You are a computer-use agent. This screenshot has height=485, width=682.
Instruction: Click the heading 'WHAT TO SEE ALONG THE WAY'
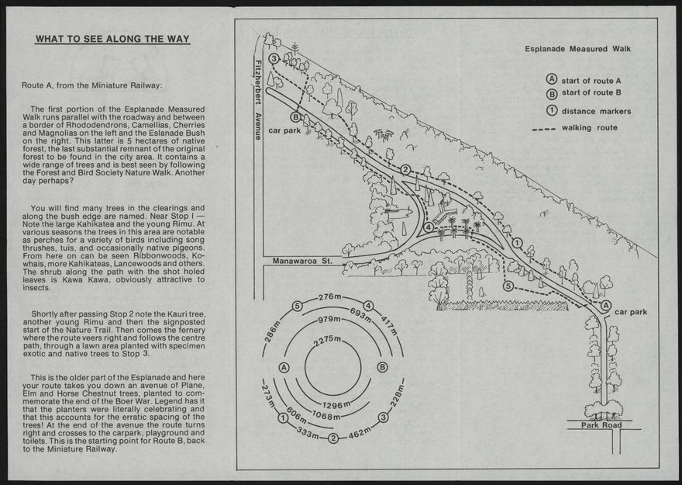(x=112, y=39)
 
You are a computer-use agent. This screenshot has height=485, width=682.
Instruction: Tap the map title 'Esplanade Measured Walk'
(x=577, y=49)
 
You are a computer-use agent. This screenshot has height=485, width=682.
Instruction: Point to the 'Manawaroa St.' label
(x=302, y=262)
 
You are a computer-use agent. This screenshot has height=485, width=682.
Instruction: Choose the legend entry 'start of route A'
(x=591, y=81)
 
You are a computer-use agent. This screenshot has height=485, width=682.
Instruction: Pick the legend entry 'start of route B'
(x=591, y=93)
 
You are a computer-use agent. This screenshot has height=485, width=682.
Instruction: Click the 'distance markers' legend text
(x=596, y=111)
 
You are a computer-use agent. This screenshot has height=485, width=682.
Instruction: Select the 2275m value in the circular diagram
(x=328, y=341)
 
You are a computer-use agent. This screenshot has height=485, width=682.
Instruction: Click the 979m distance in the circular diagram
(x=329, y=320)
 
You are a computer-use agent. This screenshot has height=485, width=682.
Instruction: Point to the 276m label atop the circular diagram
(x=330, y=297)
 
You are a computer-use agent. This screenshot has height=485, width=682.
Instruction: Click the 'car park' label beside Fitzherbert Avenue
(x=284, y=131)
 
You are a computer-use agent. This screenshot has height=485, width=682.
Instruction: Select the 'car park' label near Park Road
(x=631, y=312)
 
